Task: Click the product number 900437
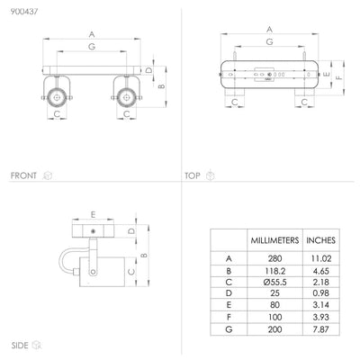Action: click(24, 12)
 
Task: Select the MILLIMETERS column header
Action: click(274, 240)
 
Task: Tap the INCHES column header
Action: click(320, 240)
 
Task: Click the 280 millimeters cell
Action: click(274, 258)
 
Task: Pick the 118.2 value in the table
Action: click(274, 271)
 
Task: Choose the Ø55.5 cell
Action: click(274, 282)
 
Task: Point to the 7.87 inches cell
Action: click(320, 329)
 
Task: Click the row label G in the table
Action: click(229, 329)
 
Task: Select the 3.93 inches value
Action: click(320, 317)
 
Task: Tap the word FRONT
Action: click(23, 175)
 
